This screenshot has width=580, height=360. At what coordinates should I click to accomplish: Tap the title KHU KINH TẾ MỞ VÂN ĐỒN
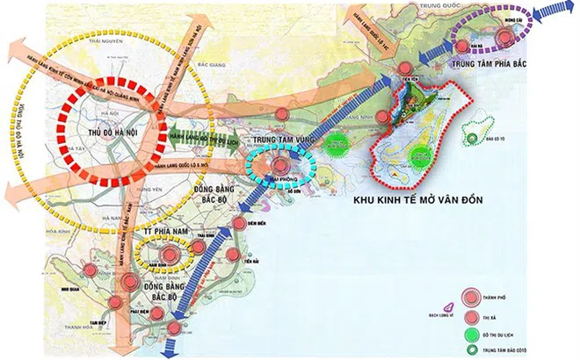(x=425, y=202)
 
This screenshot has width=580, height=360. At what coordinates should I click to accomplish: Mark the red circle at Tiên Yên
(x=404, y=69)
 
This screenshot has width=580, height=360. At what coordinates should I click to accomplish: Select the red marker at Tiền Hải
(x=233, y=255)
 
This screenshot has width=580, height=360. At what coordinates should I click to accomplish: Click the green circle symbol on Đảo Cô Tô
(x=473, y=138)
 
